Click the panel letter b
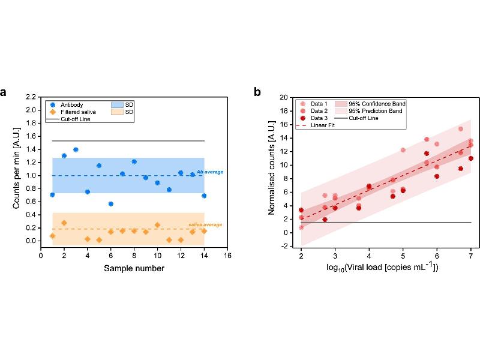(x=257, y=92)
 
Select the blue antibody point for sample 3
(x=76, y=149)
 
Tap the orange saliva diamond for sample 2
(x=64, y=223)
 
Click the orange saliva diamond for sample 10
(x=157, y=225)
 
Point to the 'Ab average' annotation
(x=209, y=172)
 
